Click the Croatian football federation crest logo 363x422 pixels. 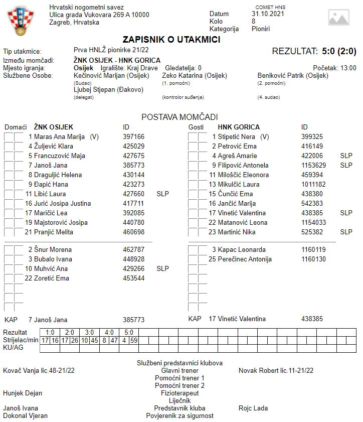[x=20, y=22]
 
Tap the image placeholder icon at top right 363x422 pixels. [x=338, y=18]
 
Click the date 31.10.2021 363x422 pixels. [x=268, y=14]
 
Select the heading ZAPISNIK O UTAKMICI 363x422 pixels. [x=171, y=40]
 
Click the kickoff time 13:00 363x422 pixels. [x=348, y=68]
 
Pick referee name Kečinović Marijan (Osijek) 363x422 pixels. [x=111, y=76]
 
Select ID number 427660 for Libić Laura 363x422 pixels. [x=133, y=194]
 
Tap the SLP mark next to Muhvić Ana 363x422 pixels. [x=163, y=268]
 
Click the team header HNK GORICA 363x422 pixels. [x=239, y=127]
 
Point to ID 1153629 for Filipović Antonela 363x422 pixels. [x=313, y=165]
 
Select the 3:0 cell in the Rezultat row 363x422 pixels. [x=89, y=332]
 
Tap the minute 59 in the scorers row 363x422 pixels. [x=133, y=340]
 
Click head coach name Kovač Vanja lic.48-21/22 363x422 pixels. [x=39, y=370]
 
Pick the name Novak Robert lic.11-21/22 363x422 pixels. [x=276, y=370]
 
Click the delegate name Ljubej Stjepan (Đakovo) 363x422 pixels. [x=108, y=90]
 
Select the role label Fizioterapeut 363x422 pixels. [x=179, y=393]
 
